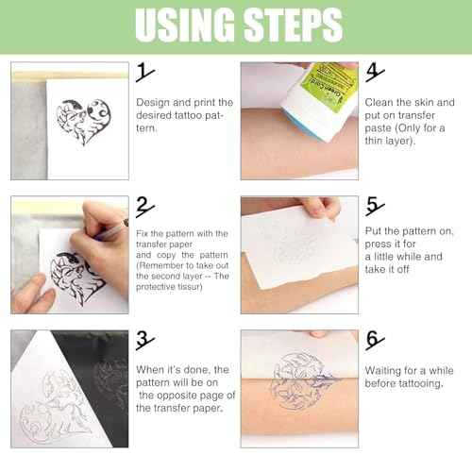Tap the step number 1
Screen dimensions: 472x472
click(144, 73)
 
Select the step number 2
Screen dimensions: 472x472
click(144, 206)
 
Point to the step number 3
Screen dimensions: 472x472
click(144, 341)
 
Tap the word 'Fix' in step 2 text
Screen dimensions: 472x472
click(143, 233)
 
